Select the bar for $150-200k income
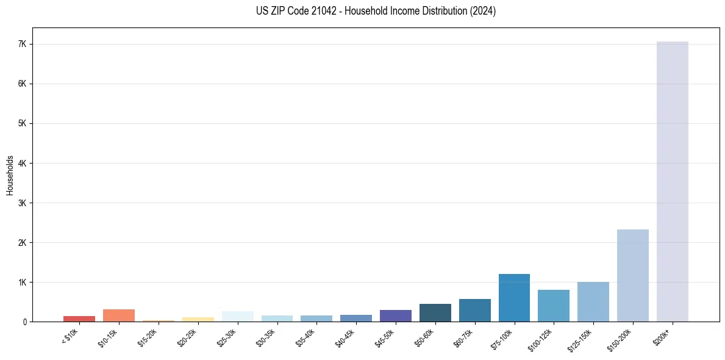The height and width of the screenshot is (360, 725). tap(632, 275)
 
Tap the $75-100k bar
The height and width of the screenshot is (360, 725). tap(514, 298)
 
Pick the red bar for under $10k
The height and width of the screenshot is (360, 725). tap(79, 319)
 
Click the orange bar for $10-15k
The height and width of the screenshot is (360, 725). tap(119, 315)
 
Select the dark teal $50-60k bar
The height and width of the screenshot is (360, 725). tap(435, 312)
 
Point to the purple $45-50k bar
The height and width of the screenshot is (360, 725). tap(395, 315)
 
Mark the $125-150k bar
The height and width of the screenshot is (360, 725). tap(593, 301)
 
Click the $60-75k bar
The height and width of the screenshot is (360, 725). tap(474, 310)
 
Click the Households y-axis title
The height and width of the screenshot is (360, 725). tap(10, 175)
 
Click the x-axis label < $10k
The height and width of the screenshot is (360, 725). tap(70, 337)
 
